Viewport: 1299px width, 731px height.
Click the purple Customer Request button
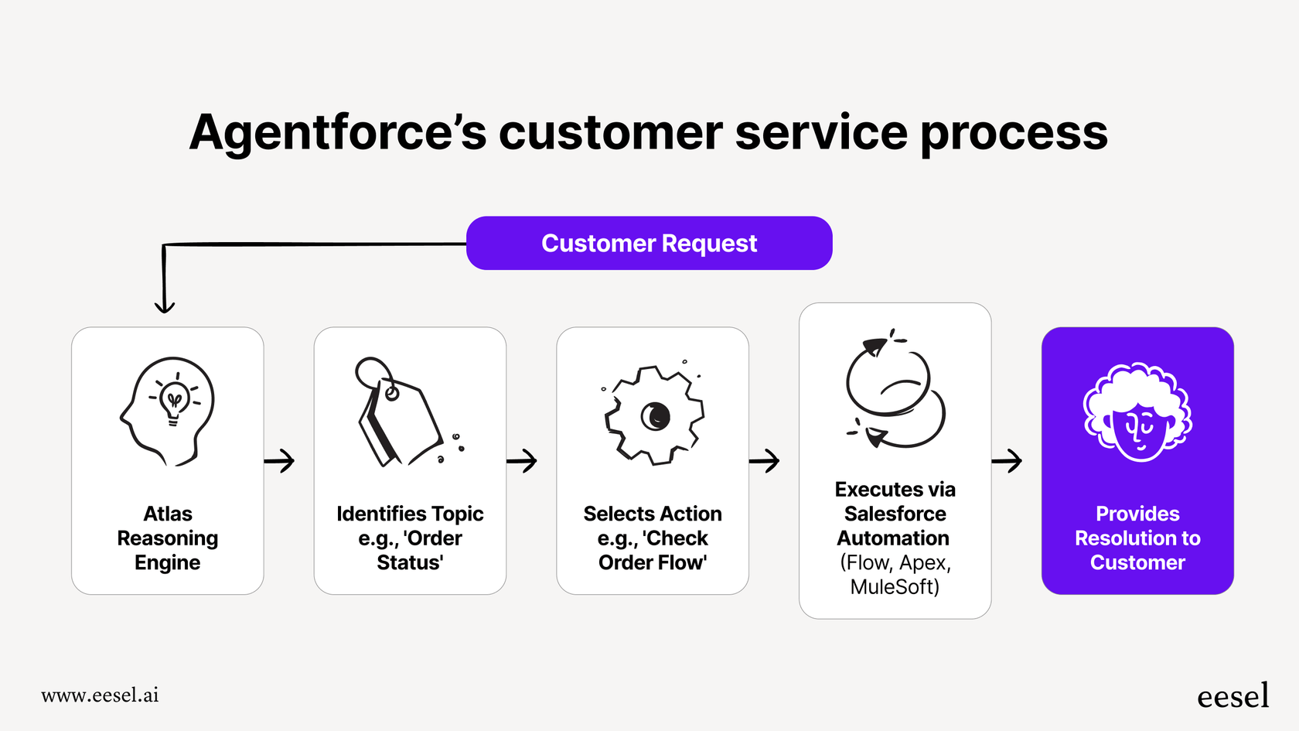649,243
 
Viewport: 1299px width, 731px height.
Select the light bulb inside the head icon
175,401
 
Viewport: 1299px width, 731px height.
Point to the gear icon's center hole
656,416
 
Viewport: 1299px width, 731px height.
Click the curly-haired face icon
1137,413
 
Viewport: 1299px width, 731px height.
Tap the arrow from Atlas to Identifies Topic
280,461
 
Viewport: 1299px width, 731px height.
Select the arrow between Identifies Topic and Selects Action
523,461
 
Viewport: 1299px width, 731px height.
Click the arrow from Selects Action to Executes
765,461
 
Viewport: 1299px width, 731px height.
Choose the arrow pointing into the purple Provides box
1007,461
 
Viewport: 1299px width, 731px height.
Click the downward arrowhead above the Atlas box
165,306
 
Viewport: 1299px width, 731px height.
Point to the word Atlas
168,514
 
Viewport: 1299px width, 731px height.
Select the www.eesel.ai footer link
100,695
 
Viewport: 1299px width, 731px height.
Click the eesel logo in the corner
1233,696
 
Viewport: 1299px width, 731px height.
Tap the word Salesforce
895,514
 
